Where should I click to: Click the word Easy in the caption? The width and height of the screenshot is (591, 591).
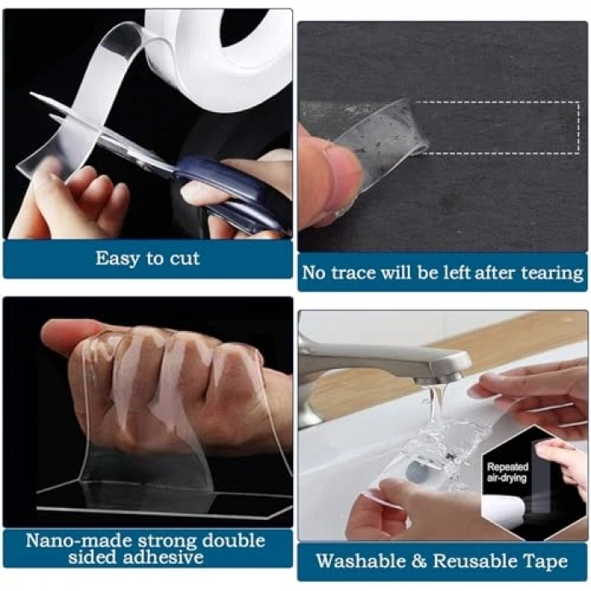[118, 259]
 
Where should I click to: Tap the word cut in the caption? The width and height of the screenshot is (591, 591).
[184, 259]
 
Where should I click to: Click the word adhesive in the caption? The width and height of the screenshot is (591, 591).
[165, 557]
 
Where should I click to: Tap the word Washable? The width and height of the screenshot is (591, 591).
[360, 561]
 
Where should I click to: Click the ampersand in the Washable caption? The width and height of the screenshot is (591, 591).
[419, 561]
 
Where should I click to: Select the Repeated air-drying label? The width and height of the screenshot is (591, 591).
[507, 472]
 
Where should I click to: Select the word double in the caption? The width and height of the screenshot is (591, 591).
[233, 541]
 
